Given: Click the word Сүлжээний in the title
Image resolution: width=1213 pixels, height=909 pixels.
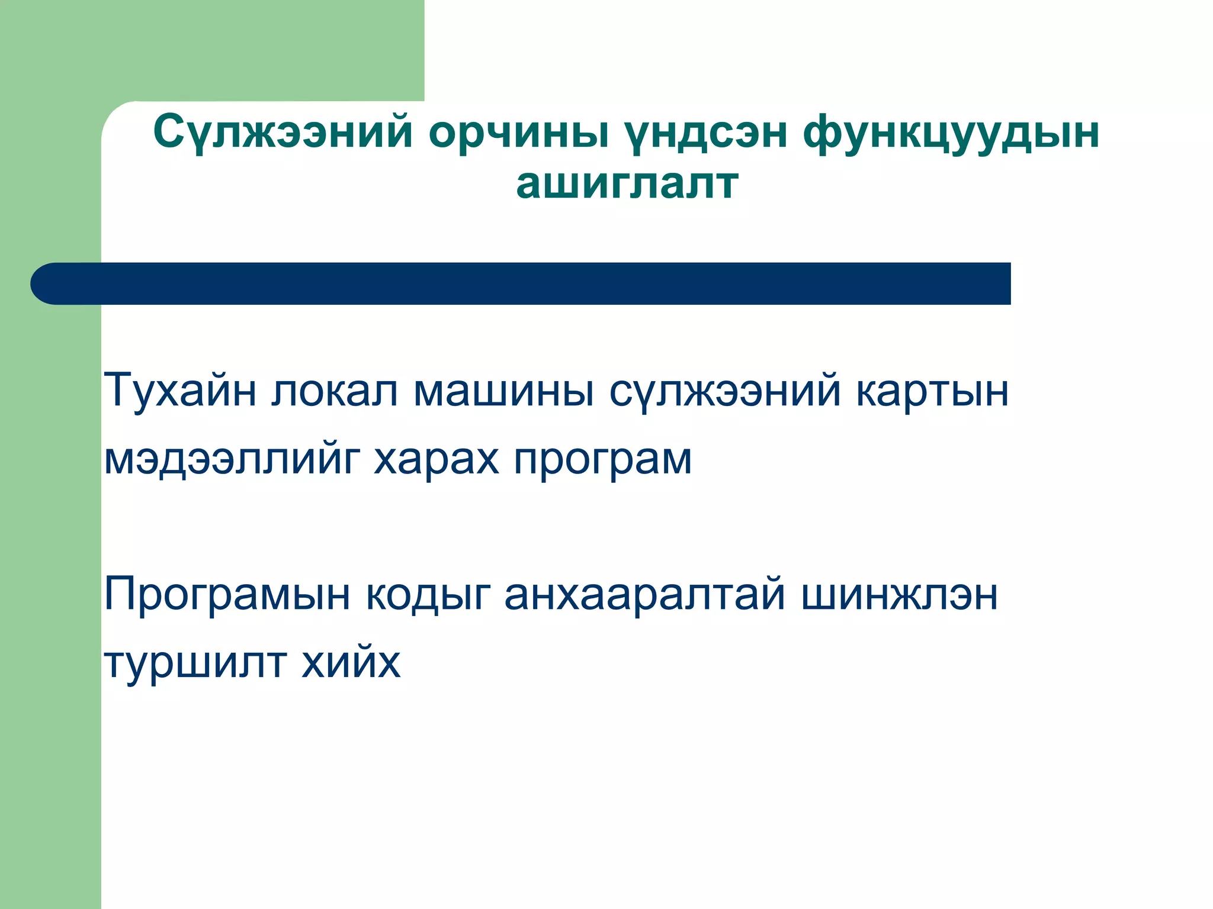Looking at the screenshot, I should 283,133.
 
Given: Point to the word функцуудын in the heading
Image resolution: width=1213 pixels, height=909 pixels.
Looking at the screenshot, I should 951,133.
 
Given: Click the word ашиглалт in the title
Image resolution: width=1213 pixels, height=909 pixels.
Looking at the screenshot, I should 627,183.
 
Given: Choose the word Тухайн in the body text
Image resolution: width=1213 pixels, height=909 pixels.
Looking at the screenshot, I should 180,391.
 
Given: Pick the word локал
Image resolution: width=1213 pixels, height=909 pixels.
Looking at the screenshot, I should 335,391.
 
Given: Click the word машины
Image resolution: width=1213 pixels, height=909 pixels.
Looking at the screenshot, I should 503,391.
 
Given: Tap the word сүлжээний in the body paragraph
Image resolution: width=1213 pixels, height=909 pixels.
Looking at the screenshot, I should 725,391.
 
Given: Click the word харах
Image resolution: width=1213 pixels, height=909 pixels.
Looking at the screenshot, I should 436,459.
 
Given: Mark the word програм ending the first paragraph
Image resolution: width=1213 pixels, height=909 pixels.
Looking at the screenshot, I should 602,459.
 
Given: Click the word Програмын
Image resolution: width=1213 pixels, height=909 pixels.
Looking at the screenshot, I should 227,594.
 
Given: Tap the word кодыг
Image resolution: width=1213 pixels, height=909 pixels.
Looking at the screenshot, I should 428,594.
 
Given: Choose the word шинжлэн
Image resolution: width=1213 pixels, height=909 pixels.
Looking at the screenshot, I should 899,594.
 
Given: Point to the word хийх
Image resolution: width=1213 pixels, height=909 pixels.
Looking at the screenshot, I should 351,662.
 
